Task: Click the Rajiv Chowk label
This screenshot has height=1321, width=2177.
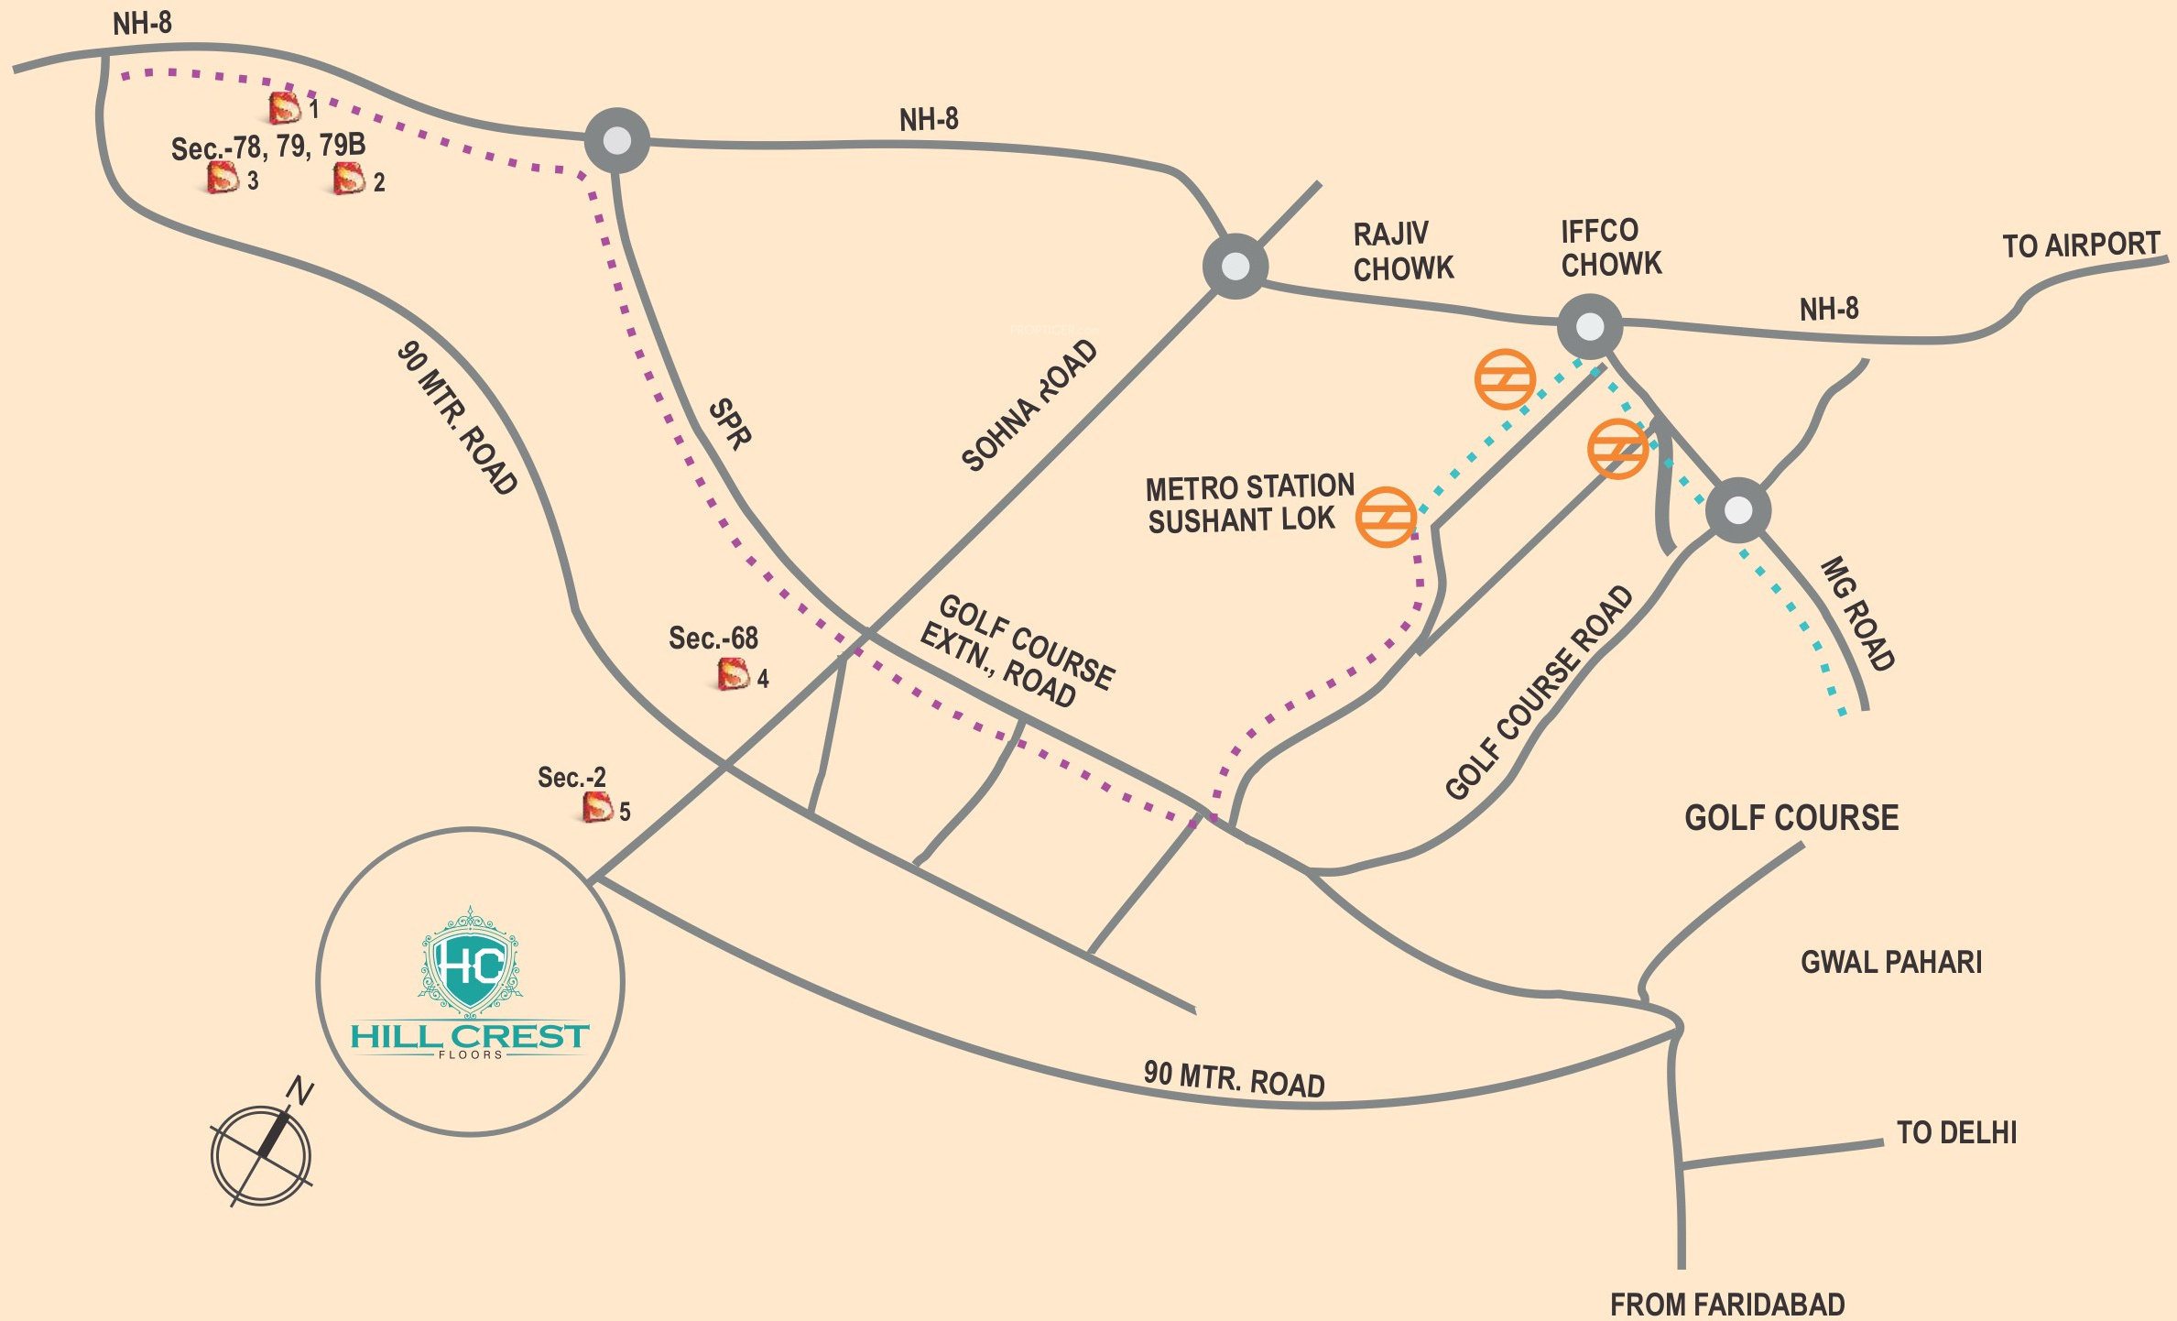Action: coord(1402,251)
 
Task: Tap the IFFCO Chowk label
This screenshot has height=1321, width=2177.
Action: coord(1610,247)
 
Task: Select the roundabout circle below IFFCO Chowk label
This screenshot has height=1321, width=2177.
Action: coord(1590,326)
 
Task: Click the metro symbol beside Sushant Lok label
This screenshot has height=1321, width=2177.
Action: coord(1386,518)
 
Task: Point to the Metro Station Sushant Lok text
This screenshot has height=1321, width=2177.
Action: coord(1248,503)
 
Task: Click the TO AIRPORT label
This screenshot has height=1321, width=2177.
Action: coord(2081,246)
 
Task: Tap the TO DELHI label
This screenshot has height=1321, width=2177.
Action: coord(1956,1133)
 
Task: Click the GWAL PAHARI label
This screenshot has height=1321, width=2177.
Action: coord(1891,962)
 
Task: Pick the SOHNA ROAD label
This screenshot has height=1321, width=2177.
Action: coord(1029,405)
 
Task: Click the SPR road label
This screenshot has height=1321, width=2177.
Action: coord(731,423)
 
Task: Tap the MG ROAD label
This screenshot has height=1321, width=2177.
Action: coord(1857,613)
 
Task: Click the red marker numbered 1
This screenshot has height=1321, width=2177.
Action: coord(284,108)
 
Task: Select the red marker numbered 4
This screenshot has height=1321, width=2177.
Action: coord(733,674)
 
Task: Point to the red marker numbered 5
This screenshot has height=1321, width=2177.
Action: coord(597,807)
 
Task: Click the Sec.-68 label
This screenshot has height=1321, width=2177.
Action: coord(713,638)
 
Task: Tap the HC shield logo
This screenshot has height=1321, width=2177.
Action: coord(470,963)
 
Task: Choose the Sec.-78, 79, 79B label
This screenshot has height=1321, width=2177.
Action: coord(268,147)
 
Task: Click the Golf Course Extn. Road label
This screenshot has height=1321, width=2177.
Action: coord(1018,651)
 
